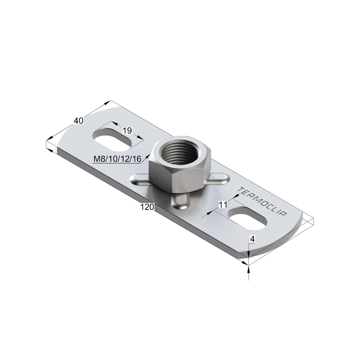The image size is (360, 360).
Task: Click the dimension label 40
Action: (x=78, y=121)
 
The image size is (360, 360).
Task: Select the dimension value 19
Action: (x=127, y=130)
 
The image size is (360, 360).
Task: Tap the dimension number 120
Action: (x=147, y=207)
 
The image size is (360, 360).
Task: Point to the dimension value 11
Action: (x=223, y=204)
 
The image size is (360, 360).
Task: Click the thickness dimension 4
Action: (x=252, y=239)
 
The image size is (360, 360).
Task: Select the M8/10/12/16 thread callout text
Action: (x=117, y=159)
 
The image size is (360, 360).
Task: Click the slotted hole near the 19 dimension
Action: (x=112, y=139)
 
